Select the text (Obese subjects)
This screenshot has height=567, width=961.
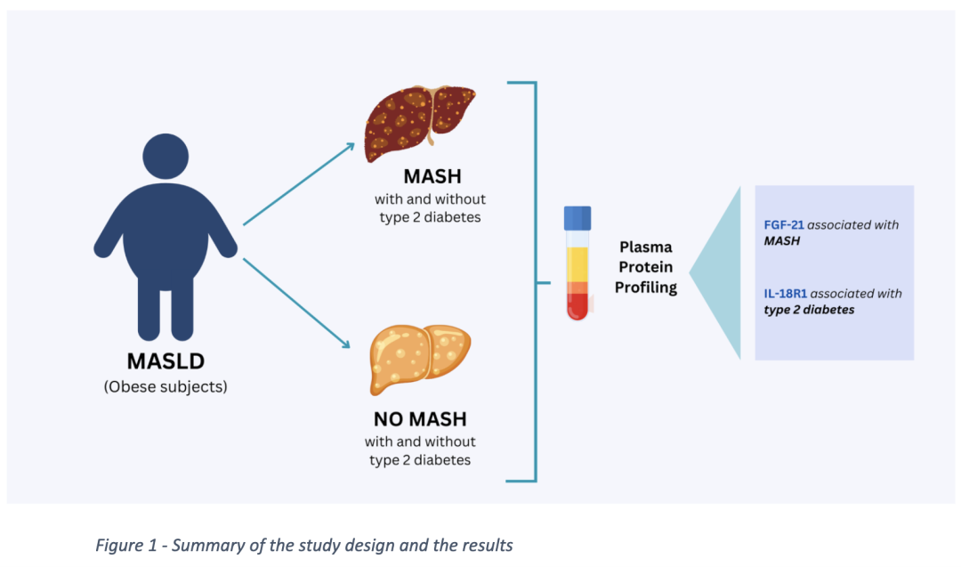[165, 387]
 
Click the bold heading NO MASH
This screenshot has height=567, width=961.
[420, 418]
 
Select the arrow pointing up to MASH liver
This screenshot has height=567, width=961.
[298, 183]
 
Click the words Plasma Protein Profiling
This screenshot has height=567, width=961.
[646, 267]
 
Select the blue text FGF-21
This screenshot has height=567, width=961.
[784, 225]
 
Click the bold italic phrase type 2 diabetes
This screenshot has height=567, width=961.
[810, 310]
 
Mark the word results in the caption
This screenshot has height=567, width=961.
[485, 545]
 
